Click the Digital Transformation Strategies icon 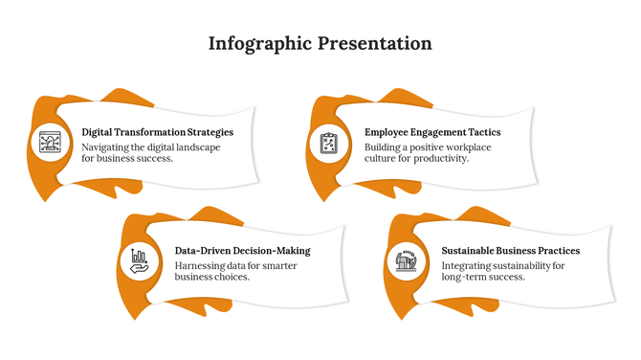click(x=50, y=144)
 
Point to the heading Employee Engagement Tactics click(x=432, y=132)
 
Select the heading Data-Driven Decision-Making click(x=242, y=251)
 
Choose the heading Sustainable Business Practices click(x=510, y=251)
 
